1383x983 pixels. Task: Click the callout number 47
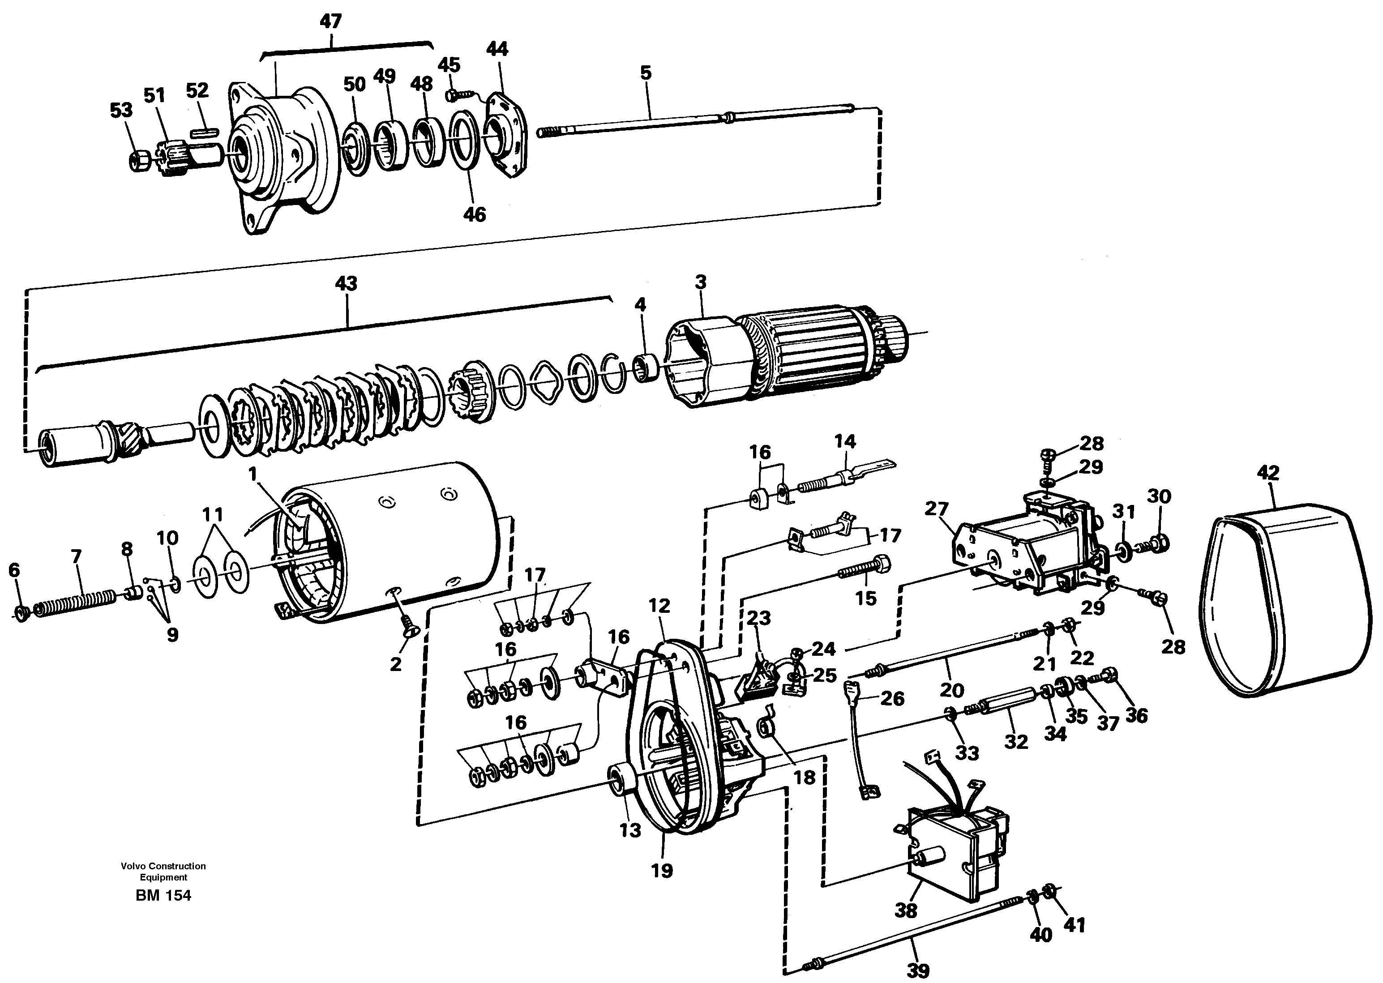coord(330,22)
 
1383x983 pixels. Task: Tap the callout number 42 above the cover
coord(1268,473)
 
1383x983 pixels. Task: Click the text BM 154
coord(163,895)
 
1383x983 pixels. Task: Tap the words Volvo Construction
coord(163,866)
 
